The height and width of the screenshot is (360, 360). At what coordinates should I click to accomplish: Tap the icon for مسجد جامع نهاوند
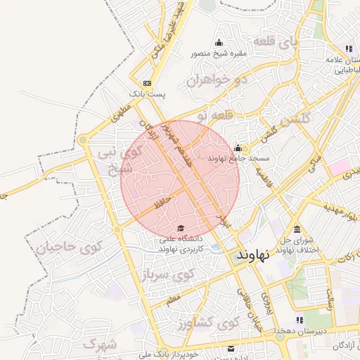coord(238,148)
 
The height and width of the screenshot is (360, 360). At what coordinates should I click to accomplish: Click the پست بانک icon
coord(146,83)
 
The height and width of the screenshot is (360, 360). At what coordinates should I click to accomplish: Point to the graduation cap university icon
coord(181,229)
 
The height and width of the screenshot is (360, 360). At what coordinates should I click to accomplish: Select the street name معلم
coord(173,300)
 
